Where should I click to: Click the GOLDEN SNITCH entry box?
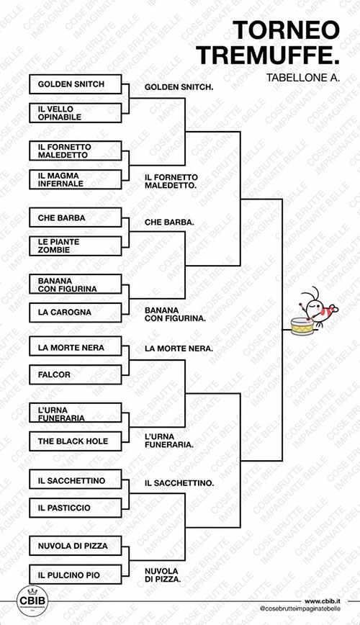76,84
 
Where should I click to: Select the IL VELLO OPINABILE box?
76,113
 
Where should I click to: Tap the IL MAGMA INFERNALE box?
76,179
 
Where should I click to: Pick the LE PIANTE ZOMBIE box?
76,246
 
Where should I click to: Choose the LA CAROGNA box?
76,312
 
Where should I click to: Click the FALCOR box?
76,374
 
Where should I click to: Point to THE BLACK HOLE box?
76,441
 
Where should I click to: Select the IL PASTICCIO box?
76,508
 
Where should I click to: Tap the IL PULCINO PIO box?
76,575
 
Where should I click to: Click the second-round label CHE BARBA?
169,222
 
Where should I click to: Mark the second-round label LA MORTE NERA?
179,349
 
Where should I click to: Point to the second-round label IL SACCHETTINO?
179,483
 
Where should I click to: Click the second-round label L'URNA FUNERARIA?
169,441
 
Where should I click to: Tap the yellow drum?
302,326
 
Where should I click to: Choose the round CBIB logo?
32,601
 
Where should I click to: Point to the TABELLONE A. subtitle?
303,77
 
